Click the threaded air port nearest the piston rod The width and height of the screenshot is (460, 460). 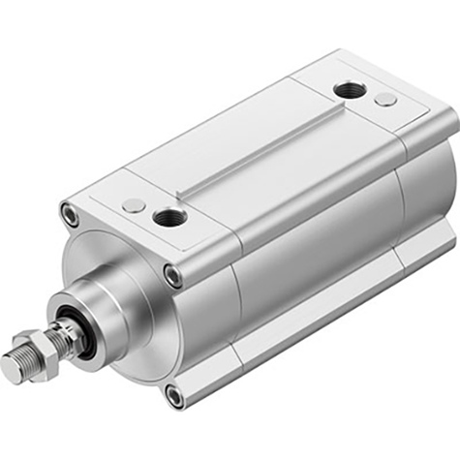pyautogui.click(x=170, y=218)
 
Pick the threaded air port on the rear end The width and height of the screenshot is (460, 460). pyautogui.click(x=350, y=90)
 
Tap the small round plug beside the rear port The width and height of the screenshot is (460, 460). pyautogui.click(x=385, y=99)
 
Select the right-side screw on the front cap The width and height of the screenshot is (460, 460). pyautogui.click(x=172, y=275)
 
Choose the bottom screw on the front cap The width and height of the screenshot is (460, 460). pyautogui.click(x=174, y=395)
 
